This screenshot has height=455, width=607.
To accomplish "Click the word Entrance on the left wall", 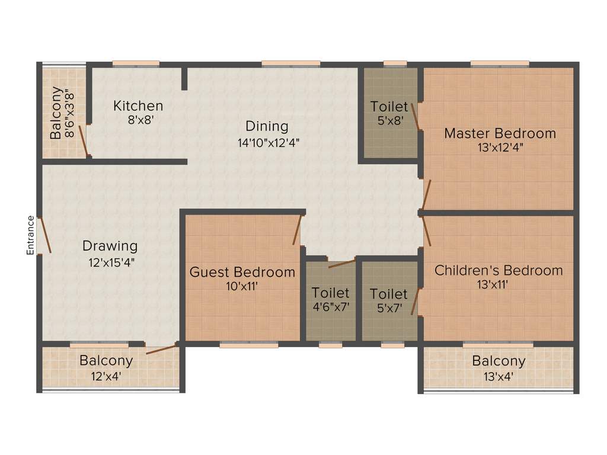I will tap(30, 235).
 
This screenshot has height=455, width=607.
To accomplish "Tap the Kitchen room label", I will tap(138, 106).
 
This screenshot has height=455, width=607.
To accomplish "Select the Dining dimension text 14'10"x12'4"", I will tap(267, 142).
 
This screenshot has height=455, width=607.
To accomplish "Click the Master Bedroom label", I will tap(500, 133).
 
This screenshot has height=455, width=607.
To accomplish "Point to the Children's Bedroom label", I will tap(499, 271).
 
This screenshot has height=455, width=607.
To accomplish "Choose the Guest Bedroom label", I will tap(242, 273).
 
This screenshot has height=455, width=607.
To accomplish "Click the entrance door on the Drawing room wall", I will tap(44, 235).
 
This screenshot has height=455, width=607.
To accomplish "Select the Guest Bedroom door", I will tap(298, 230).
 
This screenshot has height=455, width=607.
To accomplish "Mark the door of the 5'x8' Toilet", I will tap(416, 116).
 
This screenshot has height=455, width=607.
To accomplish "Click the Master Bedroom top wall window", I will tap(500, 63).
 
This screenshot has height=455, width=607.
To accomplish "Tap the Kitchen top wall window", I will tap(136, 63).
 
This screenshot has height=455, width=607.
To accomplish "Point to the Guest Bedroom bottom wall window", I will tap(248, 344).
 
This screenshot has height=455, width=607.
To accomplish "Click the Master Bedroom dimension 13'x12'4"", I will tap(500, 148).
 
